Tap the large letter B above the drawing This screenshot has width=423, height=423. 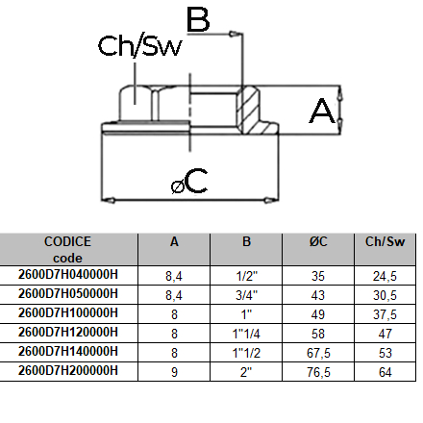(198, 18)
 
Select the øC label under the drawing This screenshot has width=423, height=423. (189, 181)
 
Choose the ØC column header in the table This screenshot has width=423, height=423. (318, 242)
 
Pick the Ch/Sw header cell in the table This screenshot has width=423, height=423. (385, 242)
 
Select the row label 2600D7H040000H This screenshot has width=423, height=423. (68, 276)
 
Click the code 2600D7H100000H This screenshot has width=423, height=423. (68, 313)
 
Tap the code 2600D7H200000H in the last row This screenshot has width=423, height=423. (68, 370)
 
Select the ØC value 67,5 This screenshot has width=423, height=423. (318, 352)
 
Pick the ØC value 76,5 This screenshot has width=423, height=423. (318, 370)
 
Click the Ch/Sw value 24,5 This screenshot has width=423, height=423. (385, 276)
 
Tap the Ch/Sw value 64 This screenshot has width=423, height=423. (385, 370)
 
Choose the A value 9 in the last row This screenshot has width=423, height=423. (174, 370)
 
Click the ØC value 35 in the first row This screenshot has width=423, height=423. (318, 276)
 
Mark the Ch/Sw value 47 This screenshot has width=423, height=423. (385, 333)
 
